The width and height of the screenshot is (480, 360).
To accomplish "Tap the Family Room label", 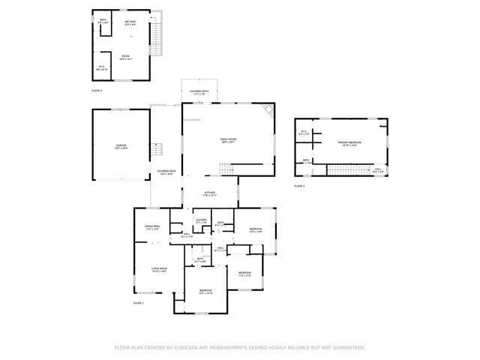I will pyautogui.click(x=228, y=141).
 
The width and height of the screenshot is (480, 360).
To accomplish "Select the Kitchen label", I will pyautogui.click(x=210, y=194).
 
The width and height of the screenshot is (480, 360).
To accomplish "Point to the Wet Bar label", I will pyautogui.click(x=130, y=23).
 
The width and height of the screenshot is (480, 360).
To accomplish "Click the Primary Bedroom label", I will pyautogui.click(x=349, y=143).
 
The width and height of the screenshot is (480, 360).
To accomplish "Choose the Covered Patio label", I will pyautogui.click(x=199, y=92).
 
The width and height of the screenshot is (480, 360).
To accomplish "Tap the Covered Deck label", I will pyautogui.click(x=166, y=173).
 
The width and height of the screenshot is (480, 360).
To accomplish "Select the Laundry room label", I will pyautogui.click(x=201, y=221).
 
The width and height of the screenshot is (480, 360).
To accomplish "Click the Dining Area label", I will pyautogui.click(x=152, y=227).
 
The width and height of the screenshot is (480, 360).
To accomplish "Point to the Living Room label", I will pyautogui.click(x=159, y=269).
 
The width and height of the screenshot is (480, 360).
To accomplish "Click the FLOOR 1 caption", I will pyautogui.click(x=138, y=303).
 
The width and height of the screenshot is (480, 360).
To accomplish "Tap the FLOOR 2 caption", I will pyautogui.click(x=299, y=185).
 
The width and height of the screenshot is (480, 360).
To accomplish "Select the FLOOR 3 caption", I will pyautogui.click(x=97, y=90).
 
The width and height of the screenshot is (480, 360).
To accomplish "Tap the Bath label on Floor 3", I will pyautogui.click(x=103, y=22).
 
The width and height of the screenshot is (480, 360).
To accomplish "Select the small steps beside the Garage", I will pyautogui.click(x=157, y=149).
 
